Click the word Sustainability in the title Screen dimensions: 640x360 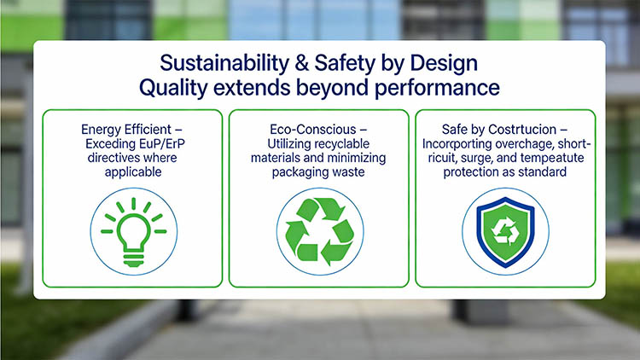224,64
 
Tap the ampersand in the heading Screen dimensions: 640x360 302,63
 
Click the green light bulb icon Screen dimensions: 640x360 133,231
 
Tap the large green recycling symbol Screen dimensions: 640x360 320,231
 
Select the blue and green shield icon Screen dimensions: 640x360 506,232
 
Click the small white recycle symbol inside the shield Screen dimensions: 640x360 506,231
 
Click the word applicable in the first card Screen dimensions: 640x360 133,172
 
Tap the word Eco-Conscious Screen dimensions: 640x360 313,130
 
